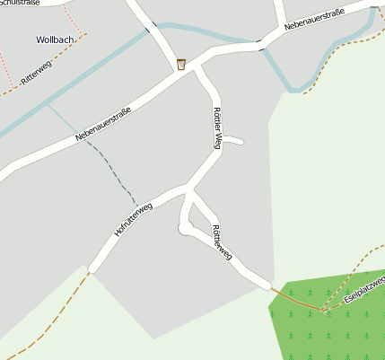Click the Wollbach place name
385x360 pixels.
point(57,40)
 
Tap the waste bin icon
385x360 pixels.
point(181,63)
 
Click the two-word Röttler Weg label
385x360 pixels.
point(216,127)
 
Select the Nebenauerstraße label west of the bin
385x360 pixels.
point(103,124)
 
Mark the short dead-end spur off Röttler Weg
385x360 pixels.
point(234,140)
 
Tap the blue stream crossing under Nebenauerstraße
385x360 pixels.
point(261,44)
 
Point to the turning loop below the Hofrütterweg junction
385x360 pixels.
point(186,228)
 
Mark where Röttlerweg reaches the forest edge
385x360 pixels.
point(269,286)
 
